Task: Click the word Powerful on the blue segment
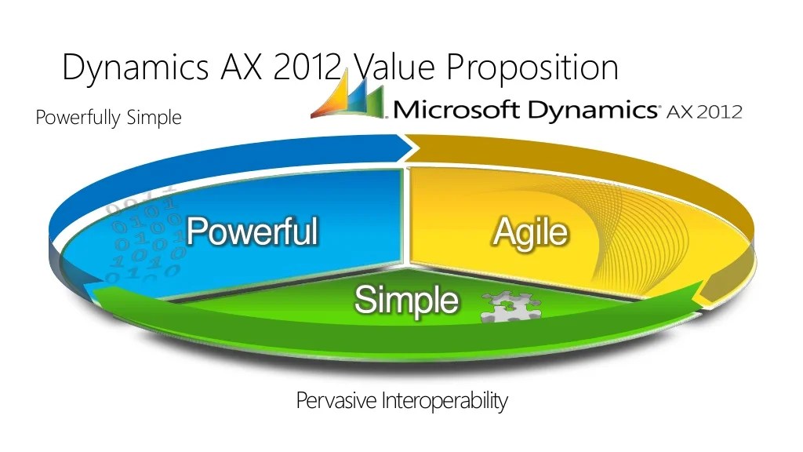click(252, 231)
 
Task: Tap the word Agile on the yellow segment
click(530, 233)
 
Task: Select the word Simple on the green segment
click(406, 299)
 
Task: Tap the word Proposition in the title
click(532, 67)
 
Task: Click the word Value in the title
click(391, 67)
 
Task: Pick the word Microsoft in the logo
click(456, 109)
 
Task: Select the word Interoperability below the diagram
click(445, 401)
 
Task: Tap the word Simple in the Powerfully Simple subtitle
click(154, 118)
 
